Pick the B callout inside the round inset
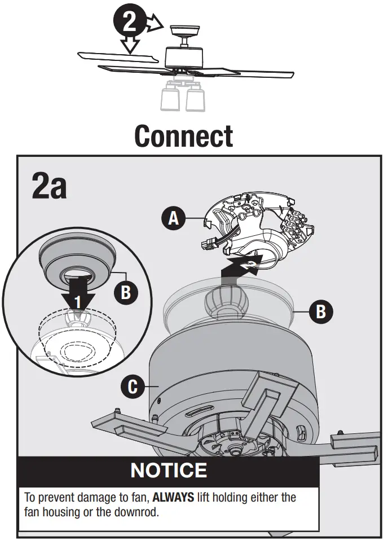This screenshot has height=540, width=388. click(x=126, y=292)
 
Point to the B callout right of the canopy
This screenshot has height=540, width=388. click(x=320, y=311)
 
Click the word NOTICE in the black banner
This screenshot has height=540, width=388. click(x=169, y=470)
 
